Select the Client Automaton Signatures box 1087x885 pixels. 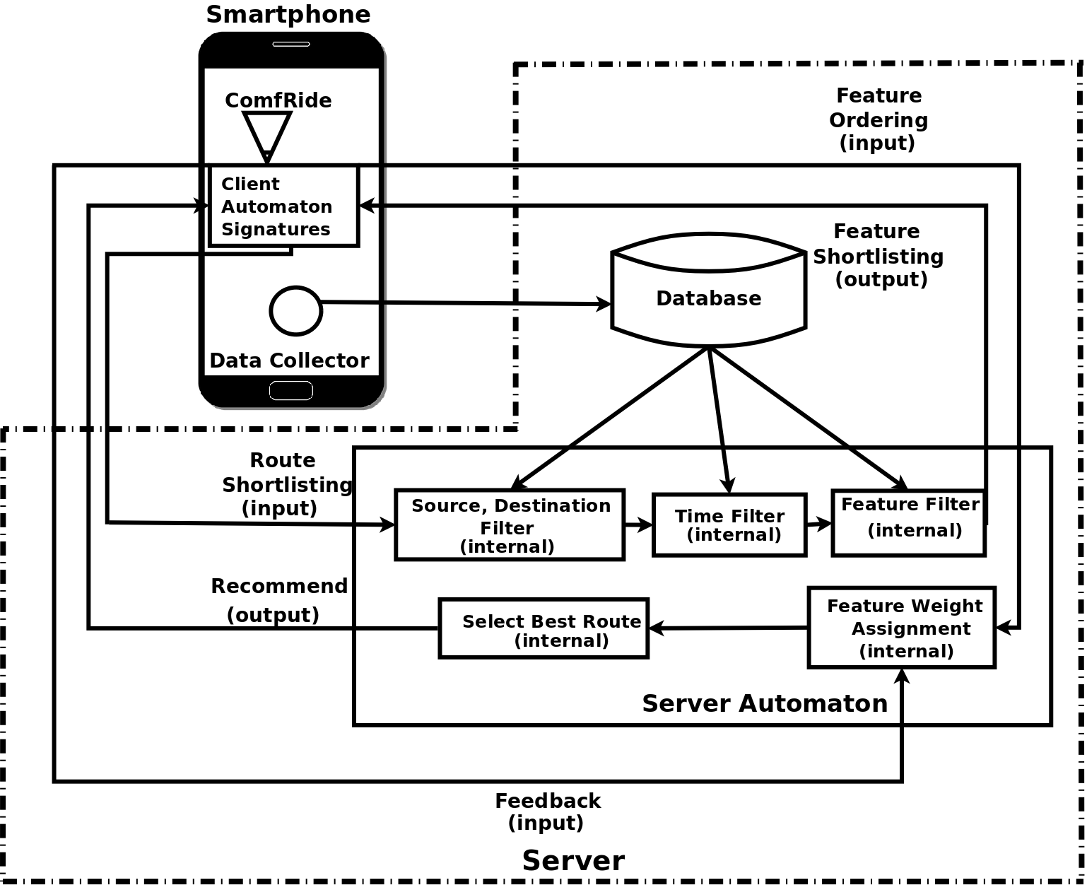click(x=284, y=206)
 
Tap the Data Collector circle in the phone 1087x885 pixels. click(x=295, y=311)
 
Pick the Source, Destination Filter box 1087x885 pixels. click(x=510, y=524)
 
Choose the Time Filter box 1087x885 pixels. click(x=729, y=525)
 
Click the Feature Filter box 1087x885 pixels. click(x=908, y=523)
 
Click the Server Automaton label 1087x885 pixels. click(x=765, y=703)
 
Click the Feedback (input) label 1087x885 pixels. click(x=547, y=811)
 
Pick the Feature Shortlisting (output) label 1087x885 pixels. click(x=879, y=255)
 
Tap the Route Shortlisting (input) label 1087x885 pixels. click(x=285, y=484)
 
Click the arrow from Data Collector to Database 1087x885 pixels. click(x=466, y=303)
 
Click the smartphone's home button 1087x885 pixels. click(x=290, y=390)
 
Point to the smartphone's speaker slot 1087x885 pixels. click(x=290, y=44)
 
